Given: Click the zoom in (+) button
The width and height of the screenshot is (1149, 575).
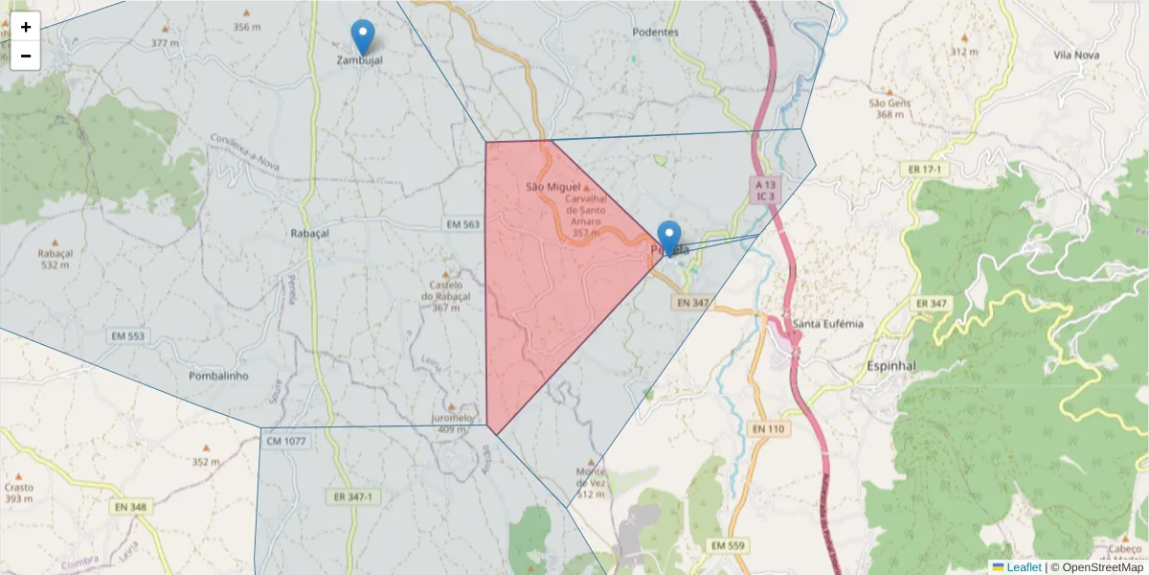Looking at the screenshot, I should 26,27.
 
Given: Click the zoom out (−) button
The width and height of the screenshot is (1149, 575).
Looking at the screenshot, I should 26,56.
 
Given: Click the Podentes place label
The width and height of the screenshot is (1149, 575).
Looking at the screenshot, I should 655,32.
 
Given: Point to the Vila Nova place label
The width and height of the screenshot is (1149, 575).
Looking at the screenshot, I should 1075,55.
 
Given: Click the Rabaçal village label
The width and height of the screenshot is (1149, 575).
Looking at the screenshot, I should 309,233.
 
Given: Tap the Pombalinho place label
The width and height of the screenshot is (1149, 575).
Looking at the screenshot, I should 218,376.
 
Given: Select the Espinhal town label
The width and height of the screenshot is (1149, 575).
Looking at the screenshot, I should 890,366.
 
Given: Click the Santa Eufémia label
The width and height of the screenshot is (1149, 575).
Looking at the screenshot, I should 828,324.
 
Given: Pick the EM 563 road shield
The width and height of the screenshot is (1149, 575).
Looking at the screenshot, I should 462,223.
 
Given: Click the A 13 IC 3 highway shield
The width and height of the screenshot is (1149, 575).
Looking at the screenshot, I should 765,190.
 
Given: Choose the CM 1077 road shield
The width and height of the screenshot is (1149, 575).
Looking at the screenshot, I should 287,442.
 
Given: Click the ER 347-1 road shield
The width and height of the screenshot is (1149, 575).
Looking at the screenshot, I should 353,497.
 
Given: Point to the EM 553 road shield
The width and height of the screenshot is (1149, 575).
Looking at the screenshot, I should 127,336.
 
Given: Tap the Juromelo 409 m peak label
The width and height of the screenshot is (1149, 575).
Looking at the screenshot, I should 452,423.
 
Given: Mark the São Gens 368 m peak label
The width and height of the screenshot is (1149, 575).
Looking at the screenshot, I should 890,108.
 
